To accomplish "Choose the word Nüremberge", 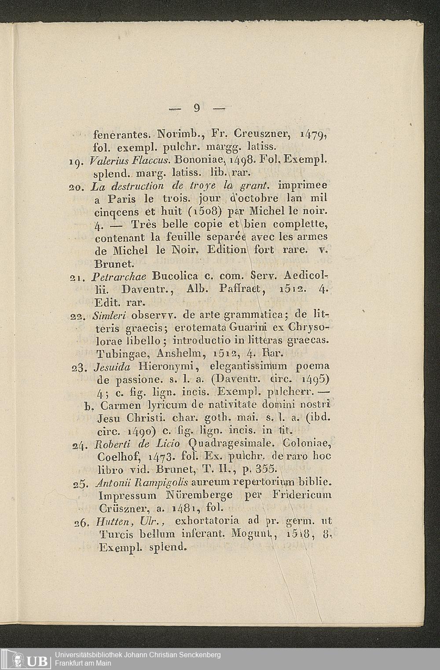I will point(202,496).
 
